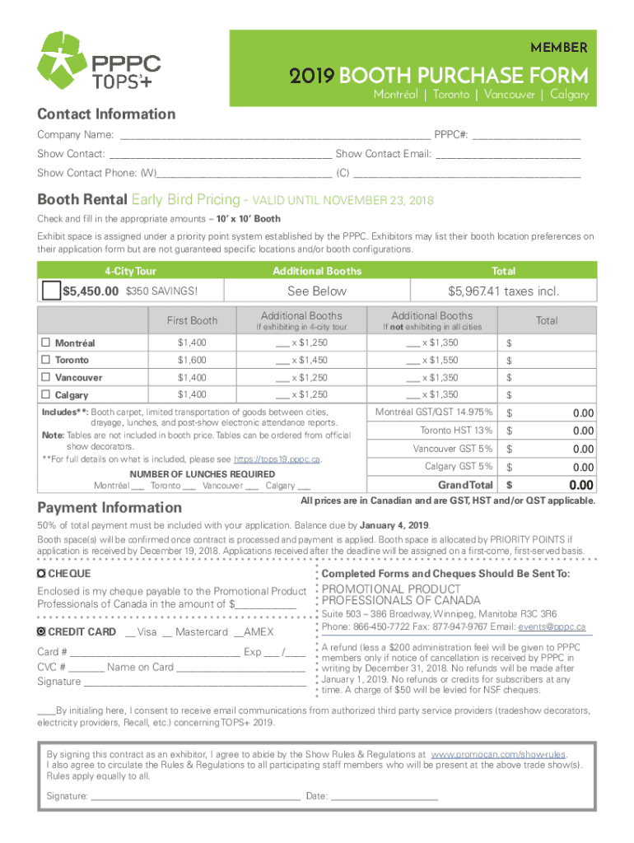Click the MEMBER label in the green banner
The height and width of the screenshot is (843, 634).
(x=559, y=46)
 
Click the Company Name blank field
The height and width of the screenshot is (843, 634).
(x=275, y=136)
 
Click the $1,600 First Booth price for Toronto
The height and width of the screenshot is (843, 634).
(x=192, y=360)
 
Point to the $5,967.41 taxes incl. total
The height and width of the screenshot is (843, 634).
(x=503, y=291)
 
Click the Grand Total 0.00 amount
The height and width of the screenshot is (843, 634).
(x=581, y=486)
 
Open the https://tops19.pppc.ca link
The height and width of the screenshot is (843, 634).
(x=277, y=459)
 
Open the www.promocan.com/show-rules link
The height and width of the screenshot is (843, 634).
(x=498, y=753)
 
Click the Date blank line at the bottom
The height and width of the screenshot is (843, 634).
(x=384, y=797)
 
